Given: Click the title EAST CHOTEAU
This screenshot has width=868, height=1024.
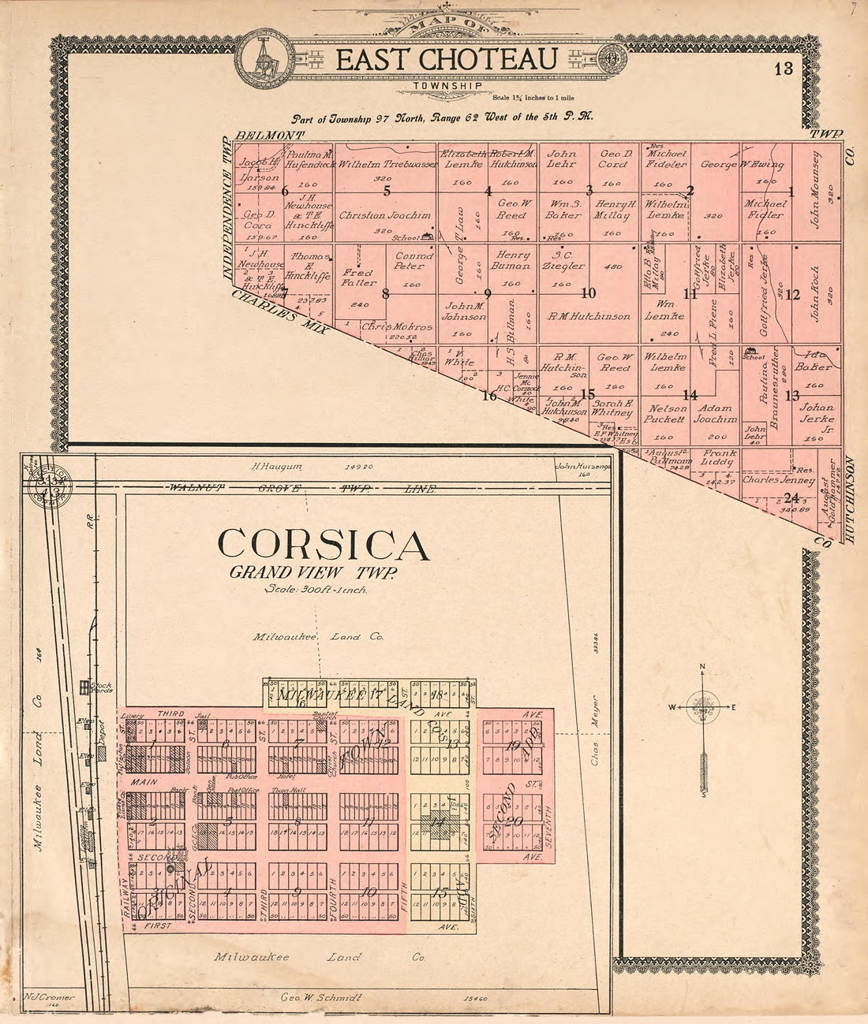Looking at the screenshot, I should [447, 59].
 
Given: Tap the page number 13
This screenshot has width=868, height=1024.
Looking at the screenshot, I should [783, 68].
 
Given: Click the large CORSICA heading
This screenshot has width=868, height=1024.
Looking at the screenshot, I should [324, 545].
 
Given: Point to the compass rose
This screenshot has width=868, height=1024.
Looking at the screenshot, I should [702, 706].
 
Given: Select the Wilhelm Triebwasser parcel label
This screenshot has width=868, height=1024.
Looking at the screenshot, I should [387, 165].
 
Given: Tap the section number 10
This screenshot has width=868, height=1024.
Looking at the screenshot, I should [588, 293].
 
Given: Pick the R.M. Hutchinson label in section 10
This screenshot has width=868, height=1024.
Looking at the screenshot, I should [589, 316].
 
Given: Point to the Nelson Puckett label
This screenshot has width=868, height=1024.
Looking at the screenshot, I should [664, 415].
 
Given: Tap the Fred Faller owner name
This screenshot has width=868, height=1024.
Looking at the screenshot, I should [359, 277].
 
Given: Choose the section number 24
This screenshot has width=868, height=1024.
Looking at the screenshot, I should [791, 497].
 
